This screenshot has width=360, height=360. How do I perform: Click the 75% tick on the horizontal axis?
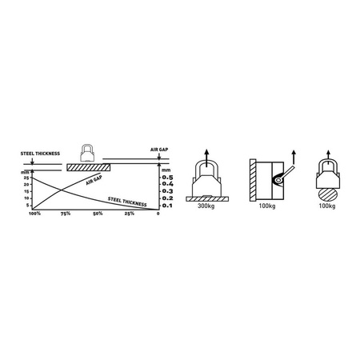(66, 214)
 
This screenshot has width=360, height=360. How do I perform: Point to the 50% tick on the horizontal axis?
(97, 214)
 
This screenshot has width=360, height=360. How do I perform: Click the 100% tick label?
(34, 214)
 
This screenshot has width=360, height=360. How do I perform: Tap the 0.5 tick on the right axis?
(168, 178)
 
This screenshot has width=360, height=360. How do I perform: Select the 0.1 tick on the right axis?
(168, 206)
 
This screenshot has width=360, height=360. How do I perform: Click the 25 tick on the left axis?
(27, 178)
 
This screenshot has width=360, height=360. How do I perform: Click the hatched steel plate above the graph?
(88, 167)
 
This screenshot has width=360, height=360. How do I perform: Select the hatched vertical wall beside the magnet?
(253, 182)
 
